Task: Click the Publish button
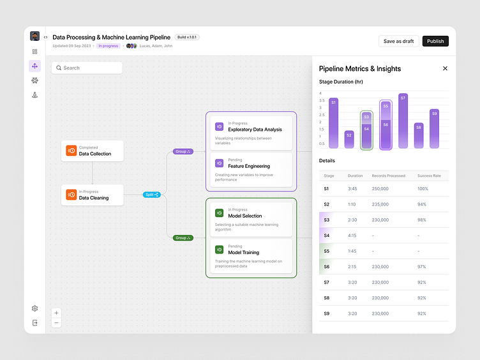(x=435, y=41)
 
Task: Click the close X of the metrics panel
(x=445, y=68)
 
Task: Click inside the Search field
(x=87, y=68)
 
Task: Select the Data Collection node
(x=93, y=151)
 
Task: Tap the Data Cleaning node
(x=93, y=195)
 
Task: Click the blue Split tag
(x=151, y=195)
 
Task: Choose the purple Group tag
(x=183, y=151)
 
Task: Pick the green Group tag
(x=183, y=237)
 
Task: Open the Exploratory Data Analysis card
(x=251, y=133)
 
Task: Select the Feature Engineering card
(x=251, y=170)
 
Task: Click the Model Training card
(x=251, y=256)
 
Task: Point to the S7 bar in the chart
(x=403, y=121)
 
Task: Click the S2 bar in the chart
(x=349, y=139)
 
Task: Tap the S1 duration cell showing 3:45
(x=352, y=189)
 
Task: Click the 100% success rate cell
(x=423, y=189)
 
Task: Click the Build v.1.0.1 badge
(x=187, y=37)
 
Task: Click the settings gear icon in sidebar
(x=34, y=308)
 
